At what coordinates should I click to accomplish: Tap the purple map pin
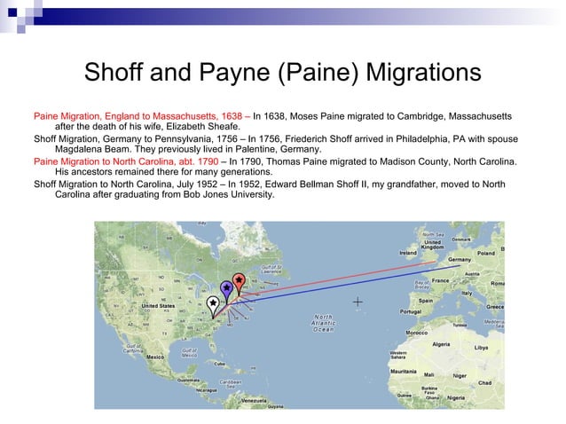[226, 289]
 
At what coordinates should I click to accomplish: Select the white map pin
[213, 304]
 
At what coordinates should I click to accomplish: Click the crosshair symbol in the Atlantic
[358, 302]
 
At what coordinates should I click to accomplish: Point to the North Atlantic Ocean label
[324, 323]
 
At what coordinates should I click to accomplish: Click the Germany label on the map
[460, 259]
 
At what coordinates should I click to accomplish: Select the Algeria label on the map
[441, 343]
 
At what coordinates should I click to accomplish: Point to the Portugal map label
[410, 311]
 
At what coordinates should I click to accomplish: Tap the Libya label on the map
[481, 347]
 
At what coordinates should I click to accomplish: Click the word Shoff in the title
[114, 72]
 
